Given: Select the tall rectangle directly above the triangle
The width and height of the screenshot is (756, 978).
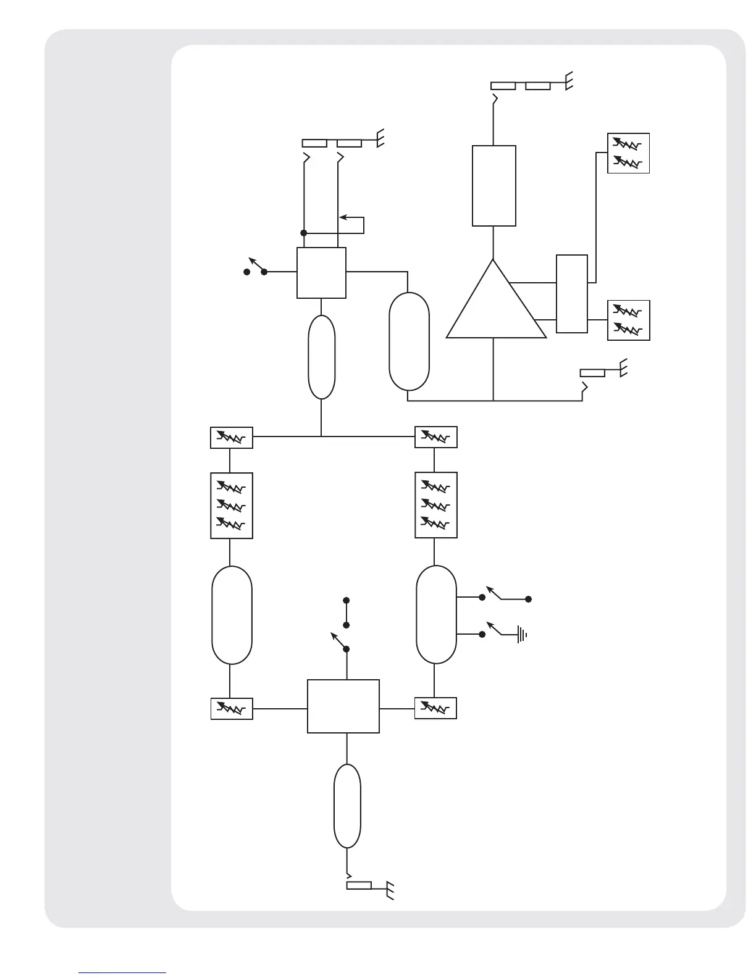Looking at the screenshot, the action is tap(493, 186).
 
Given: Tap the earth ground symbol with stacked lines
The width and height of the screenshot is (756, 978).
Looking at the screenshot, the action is tap(523, 634).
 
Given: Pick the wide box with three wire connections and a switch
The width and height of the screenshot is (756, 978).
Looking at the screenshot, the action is tap(343, 706).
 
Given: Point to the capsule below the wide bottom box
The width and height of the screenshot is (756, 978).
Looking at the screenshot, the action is tap(347, 806).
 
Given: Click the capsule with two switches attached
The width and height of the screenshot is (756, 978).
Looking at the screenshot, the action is tap(436, 614).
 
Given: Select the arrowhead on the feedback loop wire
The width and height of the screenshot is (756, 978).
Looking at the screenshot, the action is tap(344, 217).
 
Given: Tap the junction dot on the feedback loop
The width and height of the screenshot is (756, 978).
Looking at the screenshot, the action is tap(303, 233).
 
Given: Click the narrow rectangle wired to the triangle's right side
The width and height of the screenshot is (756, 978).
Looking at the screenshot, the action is tap(571, 293).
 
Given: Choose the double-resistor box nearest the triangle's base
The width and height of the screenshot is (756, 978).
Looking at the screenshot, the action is tap(628, 320).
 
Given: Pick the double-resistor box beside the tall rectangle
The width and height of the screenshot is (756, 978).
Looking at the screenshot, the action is tap(628, 153).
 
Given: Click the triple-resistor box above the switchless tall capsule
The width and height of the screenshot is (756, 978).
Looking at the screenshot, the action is tap(232, 505).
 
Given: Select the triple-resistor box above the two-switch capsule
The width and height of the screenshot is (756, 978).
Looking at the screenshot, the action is tap(436, 505).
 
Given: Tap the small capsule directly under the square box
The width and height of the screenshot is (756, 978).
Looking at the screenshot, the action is tap(321, 357).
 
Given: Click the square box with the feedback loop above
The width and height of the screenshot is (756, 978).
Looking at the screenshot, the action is tap(321, 273).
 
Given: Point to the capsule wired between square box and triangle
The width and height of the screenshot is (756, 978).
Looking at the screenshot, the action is tap(409, 341).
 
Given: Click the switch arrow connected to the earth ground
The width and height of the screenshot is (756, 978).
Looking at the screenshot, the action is tap(492, 627).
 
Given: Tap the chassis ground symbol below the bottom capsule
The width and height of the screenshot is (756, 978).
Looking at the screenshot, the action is tap(390, 890).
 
